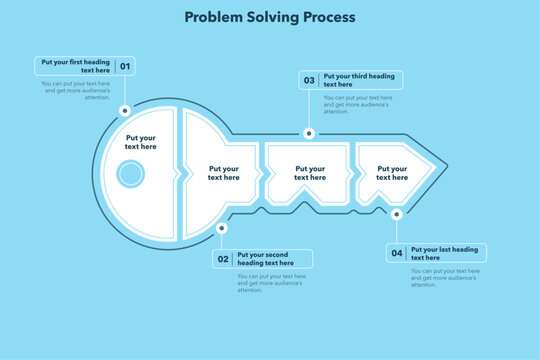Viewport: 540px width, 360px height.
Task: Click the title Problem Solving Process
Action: (270, 18)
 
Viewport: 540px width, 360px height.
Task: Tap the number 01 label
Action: (125, 67)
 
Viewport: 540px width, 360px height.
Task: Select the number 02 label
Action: (223, 259)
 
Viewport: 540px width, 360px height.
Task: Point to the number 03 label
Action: (309, 80)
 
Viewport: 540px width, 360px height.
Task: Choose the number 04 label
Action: (397, 253)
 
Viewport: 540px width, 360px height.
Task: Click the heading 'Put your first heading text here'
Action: (76, 67)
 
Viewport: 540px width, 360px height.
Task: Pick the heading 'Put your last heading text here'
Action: (445, 253)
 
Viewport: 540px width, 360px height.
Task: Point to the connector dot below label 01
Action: (124, 110)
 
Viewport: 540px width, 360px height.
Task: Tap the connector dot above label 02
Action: (221, 228)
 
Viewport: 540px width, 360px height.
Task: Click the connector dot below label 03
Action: (309, 133)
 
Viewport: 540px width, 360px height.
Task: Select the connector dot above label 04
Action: (397, 214)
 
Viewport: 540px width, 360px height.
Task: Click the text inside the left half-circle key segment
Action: (141, 142)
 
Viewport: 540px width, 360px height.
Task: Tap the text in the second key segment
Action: (224, 173)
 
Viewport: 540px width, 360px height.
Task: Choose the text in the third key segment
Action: (308, 173)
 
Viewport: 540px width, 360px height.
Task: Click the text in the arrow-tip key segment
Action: (393, 173)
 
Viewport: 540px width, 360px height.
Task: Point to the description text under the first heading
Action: (76, 90)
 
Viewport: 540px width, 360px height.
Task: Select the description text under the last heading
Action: (445, 277)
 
